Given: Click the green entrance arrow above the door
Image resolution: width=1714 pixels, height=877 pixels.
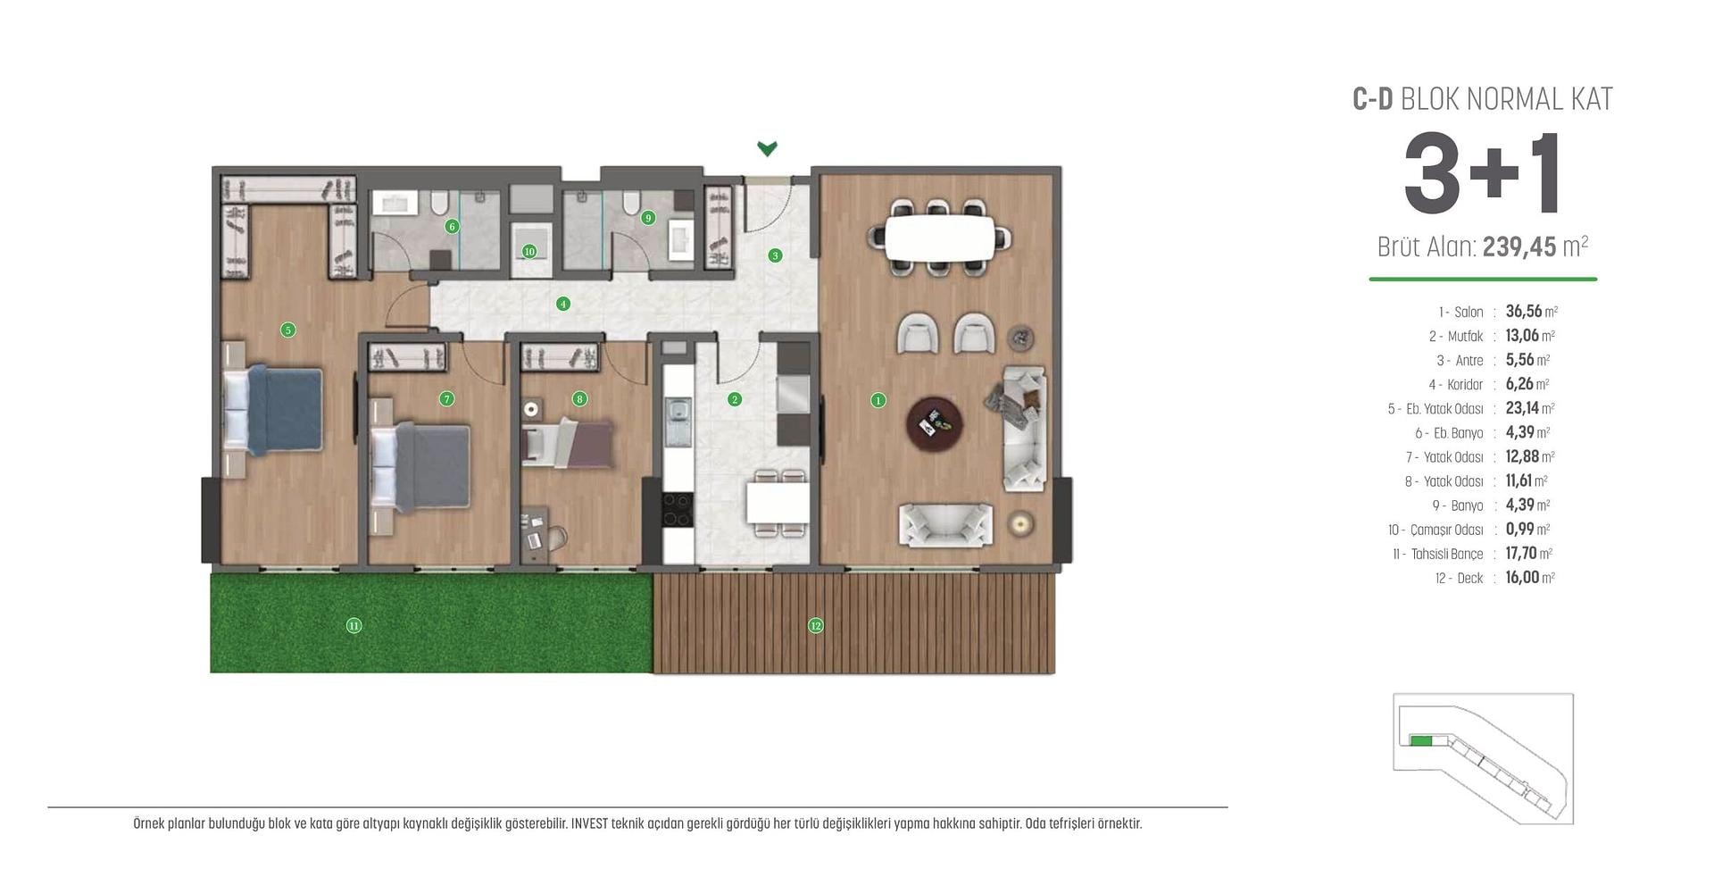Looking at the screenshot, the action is pyautogui.click(x=767, y=148).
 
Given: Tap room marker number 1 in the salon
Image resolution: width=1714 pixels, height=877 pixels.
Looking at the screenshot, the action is pyautogui.click(x=878, y=400).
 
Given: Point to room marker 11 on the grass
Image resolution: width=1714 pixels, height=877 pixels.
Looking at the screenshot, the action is pyautogui.click(x=354, y=625).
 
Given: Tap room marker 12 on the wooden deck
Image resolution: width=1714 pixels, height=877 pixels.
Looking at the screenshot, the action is pyautogui.click(x=815, y=625).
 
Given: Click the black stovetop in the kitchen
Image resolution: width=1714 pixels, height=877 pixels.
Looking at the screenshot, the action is pyautogui.click(x=677, y=510).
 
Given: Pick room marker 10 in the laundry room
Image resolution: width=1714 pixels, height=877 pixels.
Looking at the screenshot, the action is pyautogui.click(x=529, y=252).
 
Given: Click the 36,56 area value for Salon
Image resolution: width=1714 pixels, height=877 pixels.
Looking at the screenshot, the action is pyautogui.click(x=1524, y=312).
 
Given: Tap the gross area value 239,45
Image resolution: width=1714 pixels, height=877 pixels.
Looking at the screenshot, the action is pyautogui.click(x=1519, y=246).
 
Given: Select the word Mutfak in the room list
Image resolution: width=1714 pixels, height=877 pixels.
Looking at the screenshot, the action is pyautogui.click(x=1465, y=337).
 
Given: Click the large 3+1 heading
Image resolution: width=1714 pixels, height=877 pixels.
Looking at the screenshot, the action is pyautogui.click(x=1484, y=174).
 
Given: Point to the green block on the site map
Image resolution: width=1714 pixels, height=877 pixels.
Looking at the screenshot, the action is pyautogui.click(x=1420, y=740).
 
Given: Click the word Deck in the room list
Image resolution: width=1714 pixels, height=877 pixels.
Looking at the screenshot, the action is pyautogui.click(x=1469, y=579).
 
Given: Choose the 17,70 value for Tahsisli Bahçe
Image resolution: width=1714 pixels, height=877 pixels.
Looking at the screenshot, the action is pyautogui.click(x=1522, y=554).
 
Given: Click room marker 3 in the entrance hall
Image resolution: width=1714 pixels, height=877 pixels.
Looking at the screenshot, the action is pyautogui.click(x=775, y=255).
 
